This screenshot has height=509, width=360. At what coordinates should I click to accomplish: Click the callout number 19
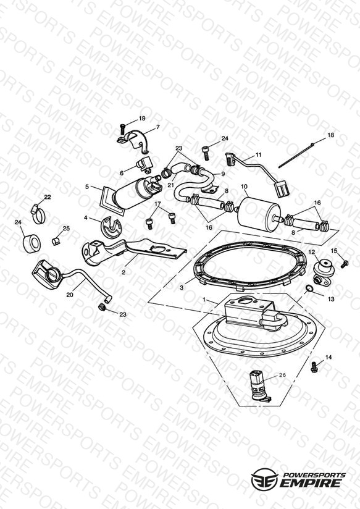click(142, 119)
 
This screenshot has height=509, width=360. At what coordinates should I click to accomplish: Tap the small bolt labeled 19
click(122, 129)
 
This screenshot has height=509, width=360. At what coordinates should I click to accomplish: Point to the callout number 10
click(245, 187)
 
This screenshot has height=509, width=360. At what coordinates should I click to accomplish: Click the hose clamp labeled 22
click(38, 215)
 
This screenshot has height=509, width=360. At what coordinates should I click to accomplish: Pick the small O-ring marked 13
click(309, 288)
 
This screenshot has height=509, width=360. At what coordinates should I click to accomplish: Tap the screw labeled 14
click(314, 367)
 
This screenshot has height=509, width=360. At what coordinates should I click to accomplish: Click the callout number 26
click(282, 375)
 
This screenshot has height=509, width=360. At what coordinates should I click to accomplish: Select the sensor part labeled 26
click(259, 385)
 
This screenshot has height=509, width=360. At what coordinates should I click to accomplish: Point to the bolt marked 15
click(345, 263)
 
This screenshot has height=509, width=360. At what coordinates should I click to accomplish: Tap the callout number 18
click(330, 135)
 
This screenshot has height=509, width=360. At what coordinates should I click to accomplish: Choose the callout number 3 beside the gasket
click(182, 287)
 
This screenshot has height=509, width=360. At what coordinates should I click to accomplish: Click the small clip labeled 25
click(56, 241)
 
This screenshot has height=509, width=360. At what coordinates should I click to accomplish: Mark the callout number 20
click(69, 295)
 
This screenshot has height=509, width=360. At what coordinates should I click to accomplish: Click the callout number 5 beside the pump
click(87, 187)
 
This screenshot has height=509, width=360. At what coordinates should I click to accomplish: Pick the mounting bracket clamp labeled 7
click(133, 141)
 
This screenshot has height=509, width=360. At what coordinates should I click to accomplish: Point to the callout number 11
click(258, 154)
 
